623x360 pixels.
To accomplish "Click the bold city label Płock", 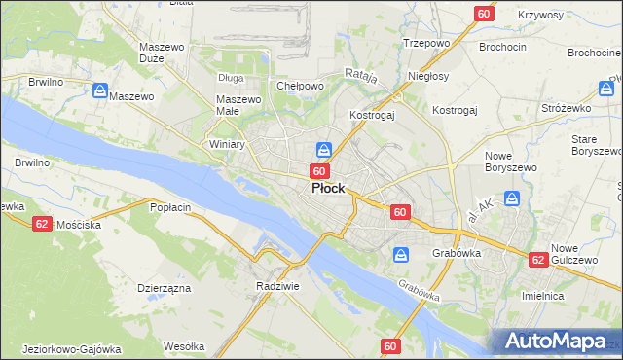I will [327, 189].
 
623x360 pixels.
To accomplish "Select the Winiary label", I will [227, 144].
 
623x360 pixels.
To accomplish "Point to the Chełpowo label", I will [300, 86].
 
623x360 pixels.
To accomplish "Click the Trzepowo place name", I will [424, 43].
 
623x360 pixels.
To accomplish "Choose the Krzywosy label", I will [541, 16].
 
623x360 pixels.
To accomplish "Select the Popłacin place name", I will [169, 207].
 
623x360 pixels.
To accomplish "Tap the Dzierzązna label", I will [164, 288].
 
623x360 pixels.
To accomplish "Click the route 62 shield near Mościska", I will [41, 223].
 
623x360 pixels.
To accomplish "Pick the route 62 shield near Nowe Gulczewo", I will [538, 260].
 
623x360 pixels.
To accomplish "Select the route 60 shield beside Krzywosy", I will [485, 14].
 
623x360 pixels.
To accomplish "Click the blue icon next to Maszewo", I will [99, 90].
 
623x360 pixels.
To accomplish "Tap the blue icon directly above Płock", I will [324, 150].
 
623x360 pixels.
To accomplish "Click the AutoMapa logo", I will [558, 341].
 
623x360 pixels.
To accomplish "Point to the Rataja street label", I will [361, 73].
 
